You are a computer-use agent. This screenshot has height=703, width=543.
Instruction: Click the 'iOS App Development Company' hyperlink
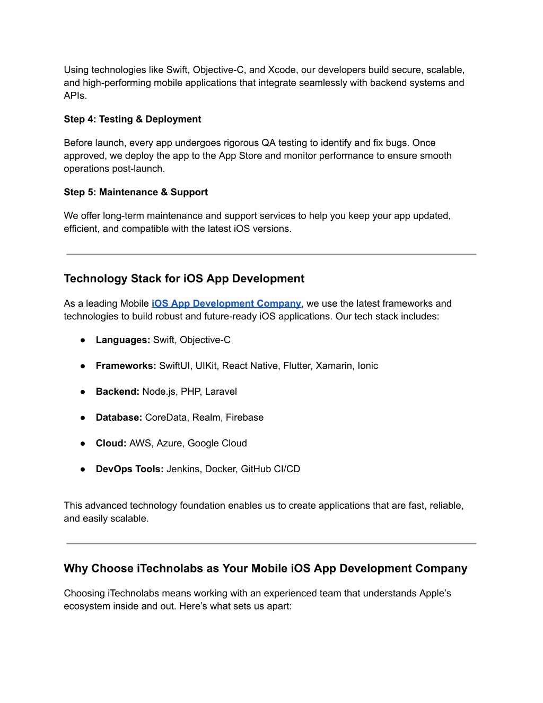click(226, 303)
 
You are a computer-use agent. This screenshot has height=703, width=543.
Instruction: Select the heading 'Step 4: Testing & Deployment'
click(133, 119)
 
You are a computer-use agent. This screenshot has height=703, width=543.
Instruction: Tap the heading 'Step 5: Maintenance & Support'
click(136, 192)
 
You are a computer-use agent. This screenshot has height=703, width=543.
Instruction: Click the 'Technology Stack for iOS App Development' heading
click(184, 279)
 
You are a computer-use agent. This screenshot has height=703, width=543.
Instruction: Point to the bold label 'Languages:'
click(123, 340)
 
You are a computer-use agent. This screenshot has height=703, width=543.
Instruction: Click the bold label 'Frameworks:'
click(126, 366)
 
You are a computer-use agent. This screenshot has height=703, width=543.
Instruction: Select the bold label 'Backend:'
click(117, 392)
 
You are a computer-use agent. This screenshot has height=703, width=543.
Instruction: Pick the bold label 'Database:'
click(119, 418)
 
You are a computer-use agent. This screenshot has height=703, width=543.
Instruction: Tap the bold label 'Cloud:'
click(111, 444)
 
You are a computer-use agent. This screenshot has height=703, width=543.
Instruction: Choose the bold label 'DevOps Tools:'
click(129, 469)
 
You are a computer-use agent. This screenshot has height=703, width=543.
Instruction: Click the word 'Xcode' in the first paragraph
click(282, 70)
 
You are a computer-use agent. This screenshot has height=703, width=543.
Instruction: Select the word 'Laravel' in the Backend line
click(221, 392)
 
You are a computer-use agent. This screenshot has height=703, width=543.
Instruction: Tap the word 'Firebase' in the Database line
click(244, 418)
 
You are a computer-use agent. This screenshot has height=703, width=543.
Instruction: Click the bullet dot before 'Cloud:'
click(83, 444)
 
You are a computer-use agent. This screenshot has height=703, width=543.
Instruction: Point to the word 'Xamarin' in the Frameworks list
click(334, 366)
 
